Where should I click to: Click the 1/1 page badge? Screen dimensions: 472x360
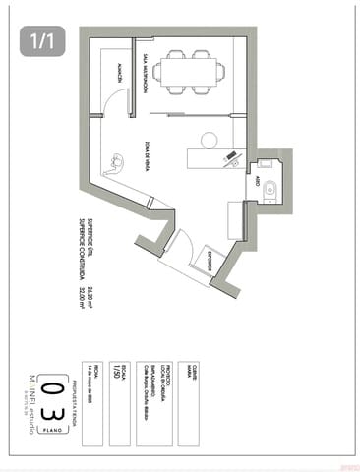tap(41, 41)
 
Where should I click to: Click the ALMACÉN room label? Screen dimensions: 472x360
tap(117, 75)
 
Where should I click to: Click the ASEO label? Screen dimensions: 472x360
tap(258, 182)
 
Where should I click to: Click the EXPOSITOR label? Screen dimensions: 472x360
tap(210, 261)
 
